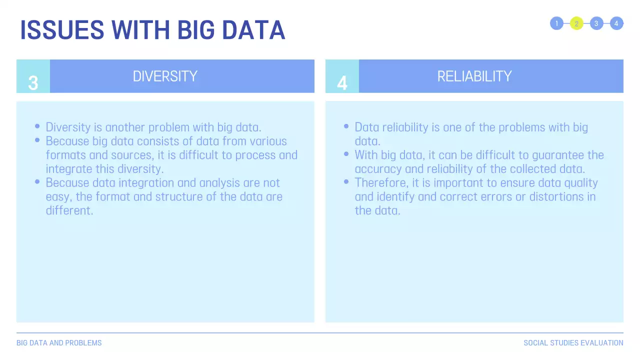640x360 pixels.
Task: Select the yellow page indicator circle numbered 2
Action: pyautogui.click(x=576, y=23)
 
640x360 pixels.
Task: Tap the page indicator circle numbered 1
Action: pyautogui.click(x=556, y=23)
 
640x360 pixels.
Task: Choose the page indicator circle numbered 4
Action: pyautogui.click(x=616, y=23)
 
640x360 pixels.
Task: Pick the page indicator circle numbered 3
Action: pyautogui.click(x=596, y=23)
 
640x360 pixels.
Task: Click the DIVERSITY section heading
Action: pyautogui.click(x=165, y=76)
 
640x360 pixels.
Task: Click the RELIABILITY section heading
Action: pyautogui.click(x=474, y=76)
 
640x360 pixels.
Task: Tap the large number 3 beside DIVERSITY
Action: pyautogui.click(x=33, y=83)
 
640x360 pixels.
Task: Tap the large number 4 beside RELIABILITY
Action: pyautogui.click(x=342, y=83)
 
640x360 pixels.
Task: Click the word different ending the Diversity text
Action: pyautogui.click(x=69, y=210)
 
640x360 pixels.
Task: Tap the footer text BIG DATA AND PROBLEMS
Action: pyautogui.click(x=59, y=343)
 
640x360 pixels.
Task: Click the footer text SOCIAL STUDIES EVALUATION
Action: pyautogui.click(x=573, y=343)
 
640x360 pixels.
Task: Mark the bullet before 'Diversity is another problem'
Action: pyautogui.click(x=37, y=126)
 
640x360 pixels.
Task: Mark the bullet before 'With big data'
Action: pyautogui.click(x=346, y=154)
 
